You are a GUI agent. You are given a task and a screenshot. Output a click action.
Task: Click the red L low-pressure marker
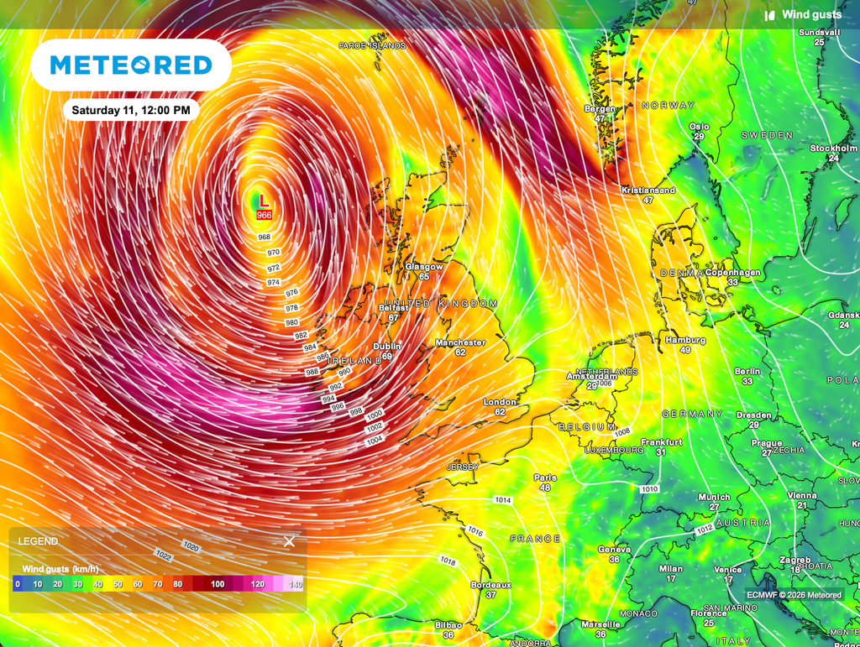click(x=264, y=201)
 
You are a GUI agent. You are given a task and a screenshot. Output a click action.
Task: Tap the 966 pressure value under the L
click(x=264, y=216)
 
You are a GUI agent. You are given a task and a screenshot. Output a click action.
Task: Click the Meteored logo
click(x=131, y=65)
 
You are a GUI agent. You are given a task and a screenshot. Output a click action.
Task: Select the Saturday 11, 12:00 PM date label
click(x=130, y=110)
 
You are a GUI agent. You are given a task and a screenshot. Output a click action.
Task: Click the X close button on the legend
click(x=289, y=541)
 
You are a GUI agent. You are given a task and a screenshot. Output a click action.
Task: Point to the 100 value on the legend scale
click(x=218, y=584)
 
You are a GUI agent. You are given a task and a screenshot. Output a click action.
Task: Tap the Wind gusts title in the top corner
click(x=811, y=14)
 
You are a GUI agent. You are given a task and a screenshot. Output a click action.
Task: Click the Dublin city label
click(x=387, y=346)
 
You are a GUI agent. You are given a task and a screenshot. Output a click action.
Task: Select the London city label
click(x=500, y=402)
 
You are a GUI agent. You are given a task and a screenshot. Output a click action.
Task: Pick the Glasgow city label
click(x=424, y=266)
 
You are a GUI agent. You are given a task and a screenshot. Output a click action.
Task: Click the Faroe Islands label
click(x=372, y=45)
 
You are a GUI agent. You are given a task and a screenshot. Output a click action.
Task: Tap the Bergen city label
click(x=600, y=109)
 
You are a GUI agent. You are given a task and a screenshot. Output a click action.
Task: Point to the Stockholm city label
click(x=833, y=149)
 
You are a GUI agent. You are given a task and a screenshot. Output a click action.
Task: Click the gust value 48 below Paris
click(x=545, y=488)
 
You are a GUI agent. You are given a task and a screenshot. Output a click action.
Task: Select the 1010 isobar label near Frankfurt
click(x=650, y=488)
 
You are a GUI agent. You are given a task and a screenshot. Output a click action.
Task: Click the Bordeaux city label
click(x=491, y=584)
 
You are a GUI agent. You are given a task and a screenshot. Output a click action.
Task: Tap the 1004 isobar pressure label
click(x=375, y=440)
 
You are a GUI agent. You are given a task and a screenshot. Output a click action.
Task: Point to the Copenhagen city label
click(x=733, y=273)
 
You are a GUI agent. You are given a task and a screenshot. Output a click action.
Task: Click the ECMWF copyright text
click(x=794, y=595)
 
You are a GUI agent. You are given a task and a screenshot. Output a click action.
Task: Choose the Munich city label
click(x=714, y=497)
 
